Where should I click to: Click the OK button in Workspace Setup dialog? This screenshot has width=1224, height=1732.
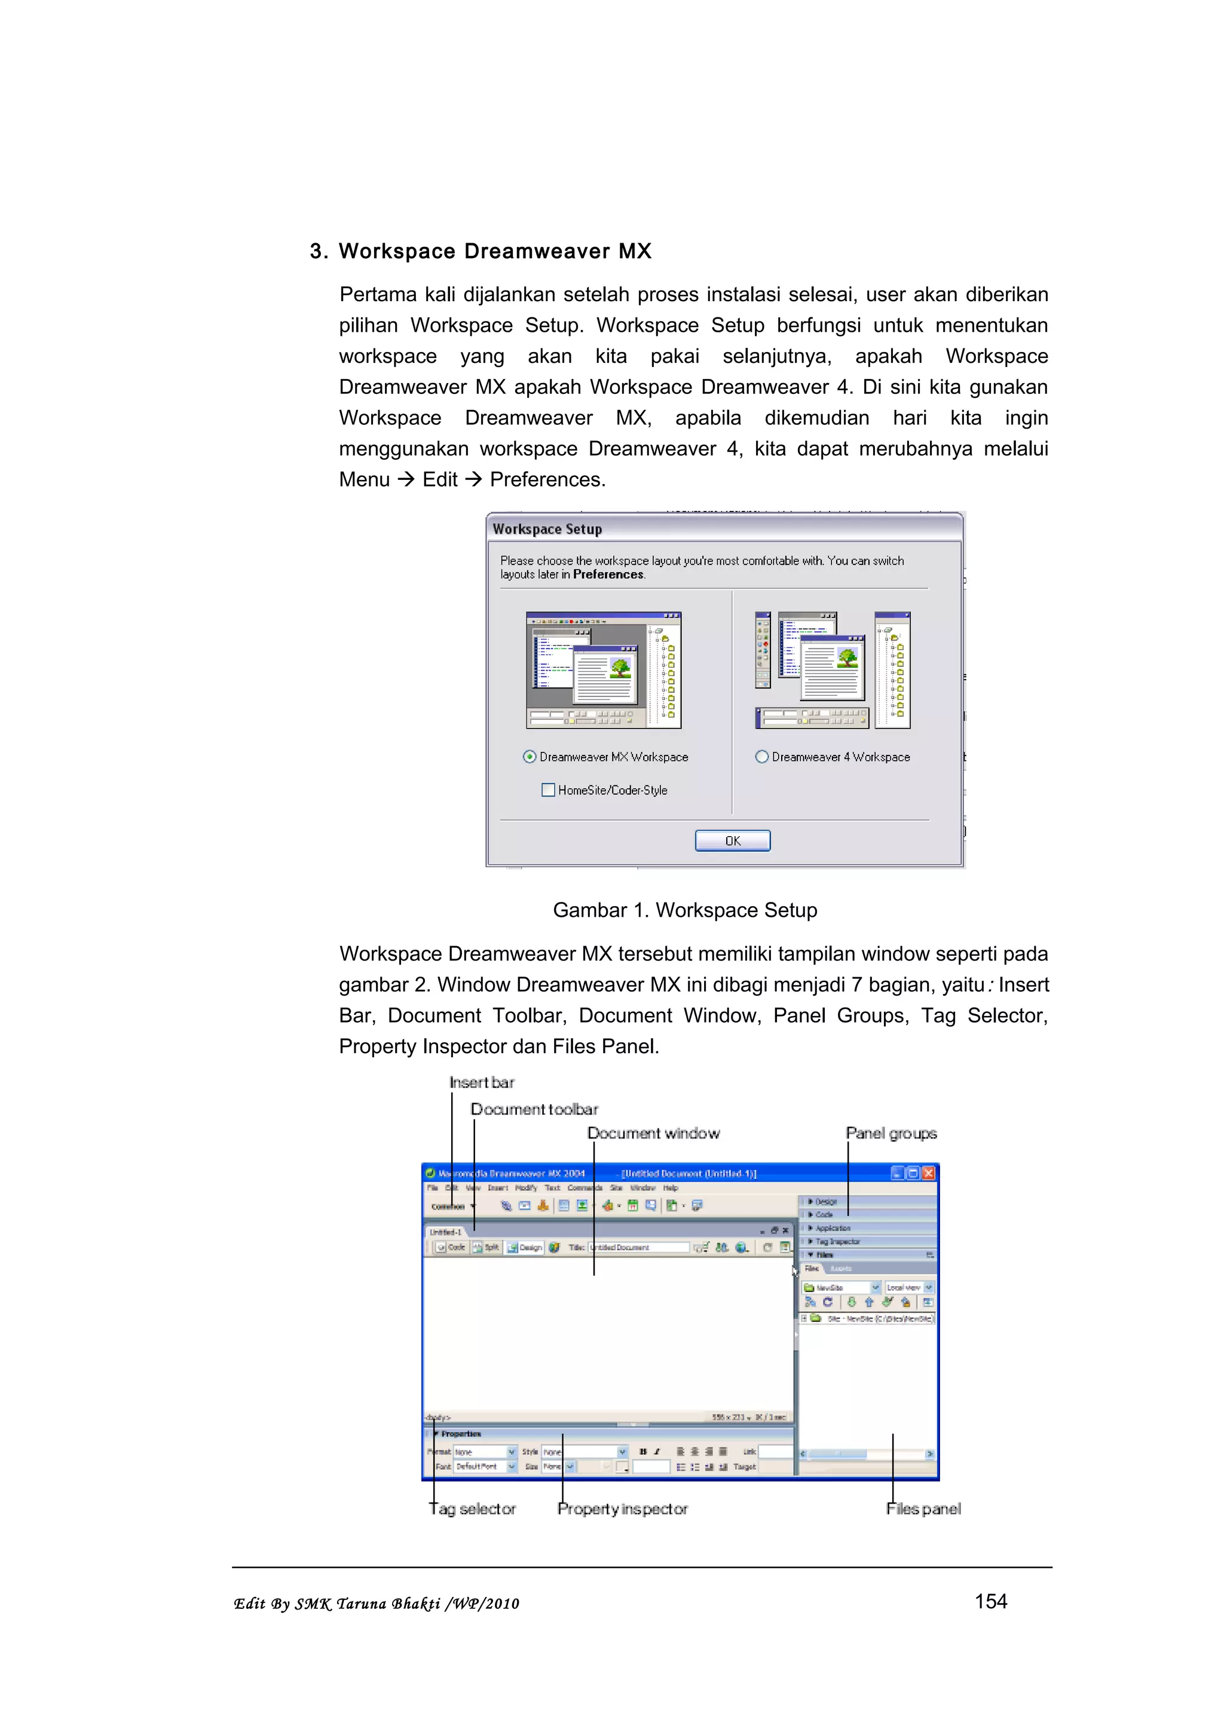click(x=732, y=840)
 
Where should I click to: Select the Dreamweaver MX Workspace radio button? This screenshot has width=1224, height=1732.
click(x=530, y=757)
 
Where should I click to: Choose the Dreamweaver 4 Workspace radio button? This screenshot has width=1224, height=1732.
click(x=761, y=757)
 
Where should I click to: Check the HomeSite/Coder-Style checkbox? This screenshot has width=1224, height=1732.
click(x=548, y=790)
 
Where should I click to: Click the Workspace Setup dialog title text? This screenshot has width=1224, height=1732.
click(x=547, y=529)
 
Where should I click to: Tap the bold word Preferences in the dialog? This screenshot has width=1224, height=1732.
click(x=608, y=574)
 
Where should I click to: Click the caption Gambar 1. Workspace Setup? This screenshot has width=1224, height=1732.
click(x=684, y=910)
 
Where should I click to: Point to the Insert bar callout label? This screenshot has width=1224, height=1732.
click(x=481, y=1082)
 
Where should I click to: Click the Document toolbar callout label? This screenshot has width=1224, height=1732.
click(x=534, y=1109)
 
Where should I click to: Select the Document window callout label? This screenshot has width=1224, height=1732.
click(x=653, y=1133)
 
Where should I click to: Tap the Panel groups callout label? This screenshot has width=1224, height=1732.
click(x=891, y=1133)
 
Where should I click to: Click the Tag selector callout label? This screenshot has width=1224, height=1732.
click(x=472, y=1508)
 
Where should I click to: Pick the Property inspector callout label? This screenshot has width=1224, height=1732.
click(x=622, y=1508)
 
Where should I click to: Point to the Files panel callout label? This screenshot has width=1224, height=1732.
click(x=923, y=1508)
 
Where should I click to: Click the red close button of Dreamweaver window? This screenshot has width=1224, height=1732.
click(x=928, y=1173)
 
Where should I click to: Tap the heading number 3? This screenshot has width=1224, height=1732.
click(x=317, y=251)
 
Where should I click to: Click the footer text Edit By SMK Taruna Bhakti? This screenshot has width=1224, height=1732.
click(x=375, y=1604)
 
